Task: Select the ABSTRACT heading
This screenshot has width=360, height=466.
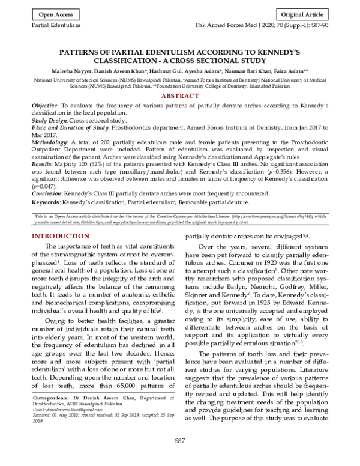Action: coord(180,96)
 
